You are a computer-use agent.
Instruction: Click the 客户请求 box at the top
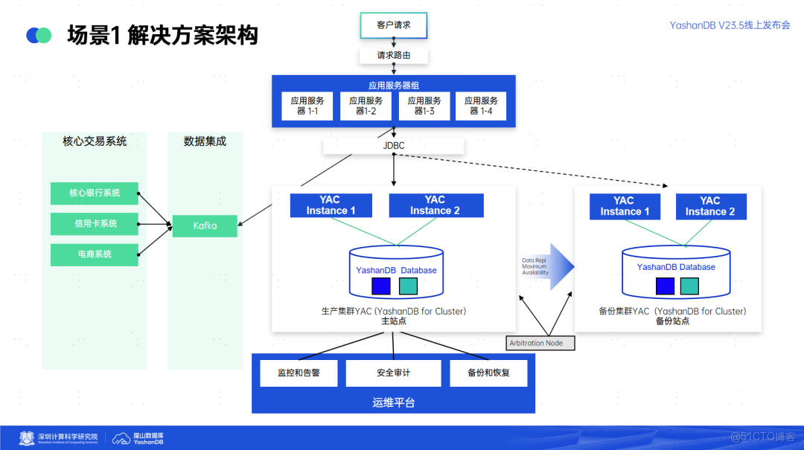(x=393, y=25)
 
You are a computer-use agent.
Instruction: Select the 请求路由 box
(x=393, y=55)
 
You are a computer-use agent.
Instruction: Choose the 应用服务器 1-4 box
(x=481, y=106)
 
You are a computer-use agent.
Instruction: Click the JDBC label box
(x=393, y=146)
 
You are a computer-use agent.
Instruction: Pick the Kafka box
(x=205, y=225)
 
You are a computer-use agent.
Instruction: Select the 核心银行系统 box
(x=95, y=193)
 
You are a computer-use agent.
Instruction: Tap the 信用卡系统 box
(x=95, y=224)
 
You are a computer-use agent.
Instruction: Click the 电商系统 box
(x=95, y=254)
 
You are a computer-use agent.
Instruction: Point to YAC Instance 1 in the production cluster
(x=331, y=205)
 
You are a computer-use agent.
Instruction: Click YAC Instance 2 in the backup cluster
(x=709, y=206)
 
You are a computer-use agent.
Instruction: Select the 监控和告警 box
(x=299, y=373)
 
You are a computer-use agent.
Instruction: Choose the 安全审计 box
(x=393, y=373)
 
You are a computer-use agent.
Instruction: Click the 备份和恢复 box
(x=488, y=373)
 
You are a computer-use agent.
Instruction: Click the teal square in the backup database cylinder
(x=689, y=286)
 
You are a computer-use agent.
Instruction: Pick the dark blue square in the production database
(x=381, y=286)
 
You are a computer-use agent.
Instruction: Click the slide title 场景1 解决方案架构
(x=162, y=35)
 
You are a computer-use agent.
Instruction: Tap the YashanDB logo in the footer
(x=138, y=438)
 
